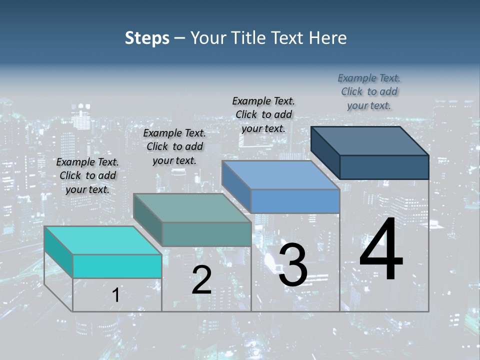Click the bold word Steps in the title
pos(147,38)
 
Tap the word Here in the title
pos(328,38)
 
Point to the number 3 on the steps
pos(292,265)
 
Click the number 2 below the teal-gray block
pos(201,280)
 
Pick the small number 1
pos(115,295)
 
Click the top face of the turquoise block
pos(102,240)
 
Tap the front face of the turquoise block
pos(117,266)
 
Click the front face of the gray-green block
pos(206,234)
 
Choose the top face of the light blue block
pos(280,175)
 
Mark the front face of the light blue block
pos(295,201)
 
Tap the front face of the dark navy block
pos(384,167)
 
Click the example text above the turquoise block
pos(87,175)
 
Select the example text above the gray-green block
pos(174,146)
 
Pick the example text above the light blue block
pos(263,114)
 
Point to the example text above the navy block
pos(369,91)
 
